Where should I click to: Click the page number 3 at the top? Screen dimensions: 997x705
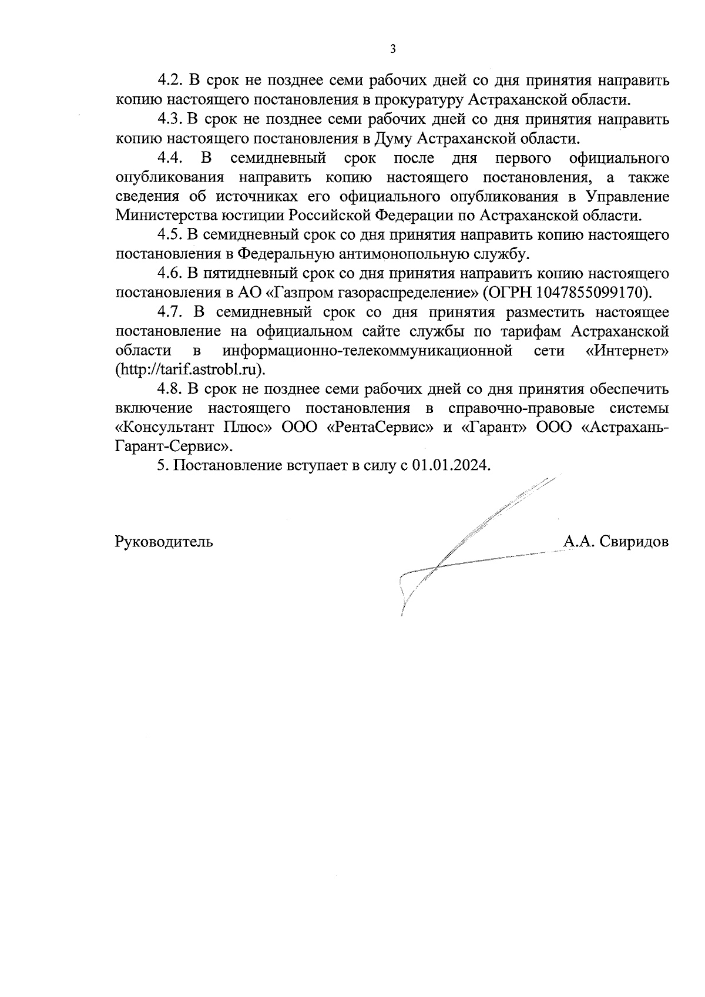pyautogui.click(x=392, y=49)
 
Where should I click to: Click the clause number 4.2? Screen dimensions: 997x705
pyautogui.click(x=170, y=81)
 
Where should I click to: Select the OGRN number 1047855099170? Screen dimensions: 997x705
pyautogui.click(x=591, y=293)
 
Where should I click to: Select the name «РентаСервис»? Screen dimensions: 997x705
pyautogui.click(x=380, y=428)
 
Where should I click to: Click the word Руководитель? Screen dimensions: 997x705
pyautogui.click(x=164, y=542)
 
